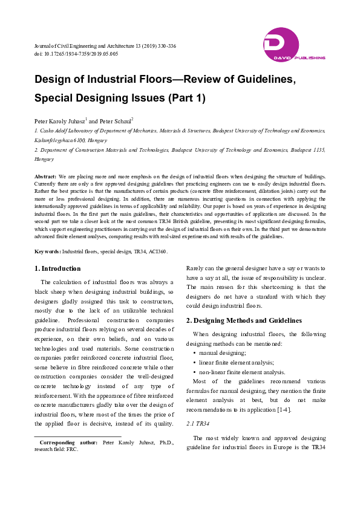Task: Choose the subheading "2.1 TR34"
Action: pyautogui.click(x=197, y=423)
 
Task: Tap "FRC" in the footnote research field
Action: pyautogui.click(x=72, y=450)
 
